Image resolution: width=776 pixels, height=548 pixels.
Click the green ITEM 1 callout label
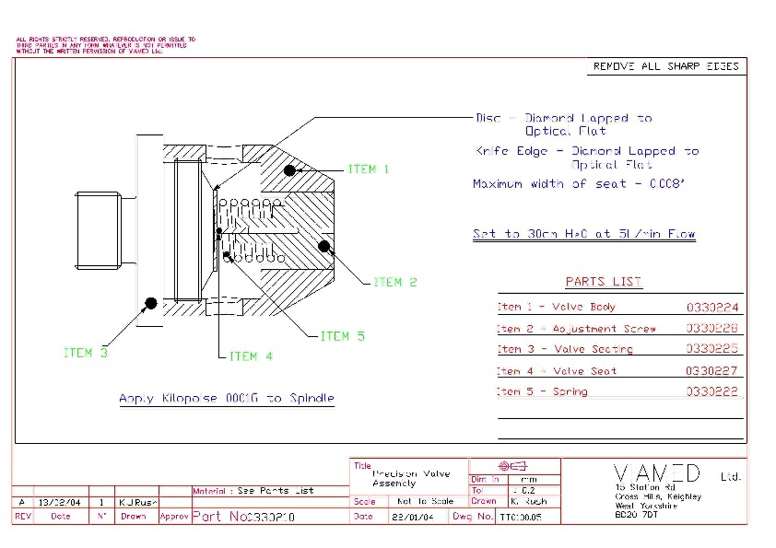click(368, 169)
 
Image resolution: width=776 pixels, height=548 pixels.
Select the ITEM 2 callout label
click(394, 282)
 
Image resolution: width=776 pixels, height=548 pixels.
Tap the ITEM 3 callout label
click(86, 353)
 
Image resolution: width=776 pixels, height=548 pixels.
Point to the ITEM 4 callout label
click(250, 356)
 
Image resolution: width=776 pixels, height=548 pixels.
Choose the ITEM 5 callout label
click(342, 336)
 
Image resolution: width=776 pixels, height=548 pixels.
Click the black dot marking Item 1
click(289, 169)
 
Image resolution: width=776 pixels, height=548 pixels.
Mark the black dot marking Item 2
click(323, 245)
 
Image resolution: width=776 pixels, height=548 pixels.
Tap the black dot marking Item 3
click(149, 301)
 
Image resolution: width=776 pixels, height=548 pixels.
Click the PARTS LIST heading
click(604, 282)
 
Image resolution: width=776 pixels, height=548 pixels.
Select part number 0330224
click(712, 308)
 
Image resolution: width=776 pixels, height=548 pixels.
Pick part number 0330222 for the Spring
click(712, 392)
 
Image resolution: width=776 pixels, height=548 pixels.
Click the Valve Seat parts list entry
click(557, 371)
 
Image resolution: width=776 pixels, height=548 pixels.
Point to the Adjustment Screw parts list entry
click(577, 329)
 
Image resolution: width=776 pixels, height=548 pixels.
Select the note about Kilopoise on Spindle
click(227, 399)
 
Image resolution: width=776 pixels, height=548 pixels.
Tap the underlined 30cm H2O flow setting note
click(583, 234)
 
